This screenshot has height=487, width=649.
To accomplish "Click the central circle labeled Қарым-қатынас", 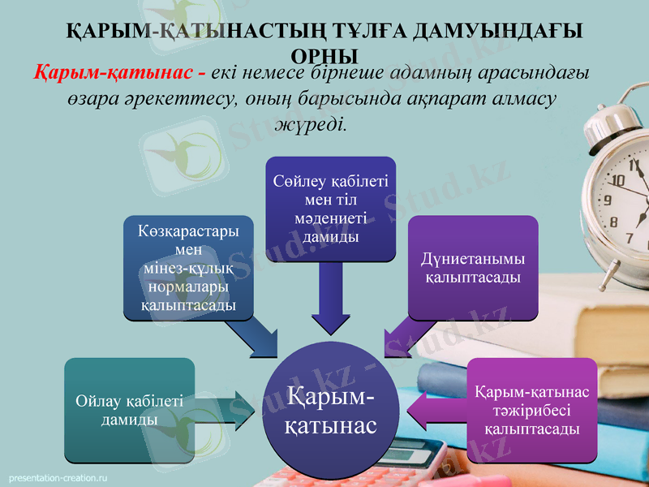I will pyautogui.click(x=332, y=410).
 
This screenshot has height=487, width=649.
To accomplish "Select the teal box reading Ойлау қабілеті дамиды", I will pyautogui.click(x=129, y=410).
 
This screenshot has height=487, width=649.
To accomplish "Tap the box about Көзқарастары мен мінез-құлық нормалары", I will pyautogui.click(x=188, y=268).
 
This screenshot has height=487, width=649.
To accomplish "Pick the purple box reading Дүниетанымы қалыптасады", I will pyautogui.click(x=472, y=268).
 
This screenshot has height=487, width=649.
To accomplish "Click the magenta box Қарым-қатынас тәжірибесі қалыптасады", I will pyautogui.click(x=531, y=410).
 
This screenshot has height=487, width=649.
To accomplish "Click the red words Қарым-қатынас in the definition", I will pyautogui.click(x=113, y=72).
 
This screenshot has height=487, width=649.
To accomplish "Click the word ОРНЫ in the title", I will pyautogui.click(x=324, y=54).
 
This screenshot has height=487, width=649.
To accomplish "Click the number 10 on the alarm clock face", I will pyautogui.click(x=617, y=180).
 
